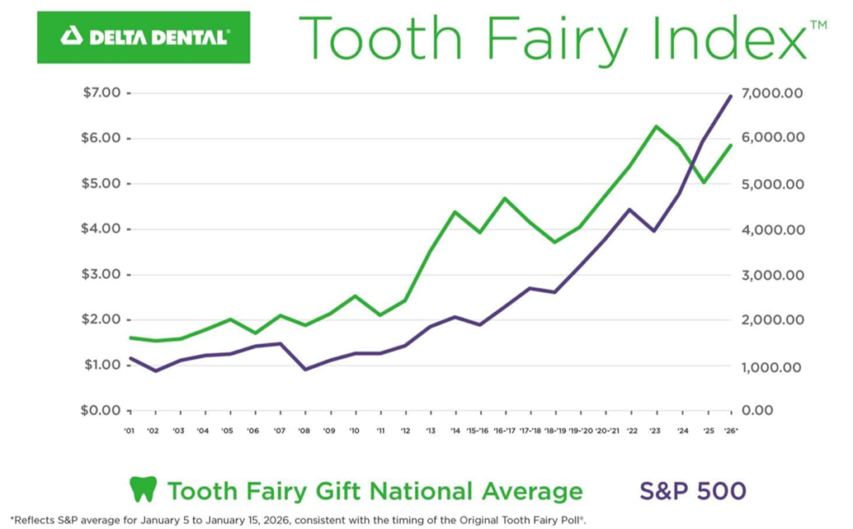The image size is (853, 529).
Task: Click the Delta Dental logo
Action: (x=143, y=37)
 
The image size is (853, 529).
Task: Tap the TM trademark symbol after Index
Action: (x=818, y=26)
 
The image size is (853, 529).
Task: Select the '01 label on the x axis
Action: (x=129, y=432)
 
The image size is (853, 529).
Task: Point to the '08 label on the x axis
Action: (x=305, y=432)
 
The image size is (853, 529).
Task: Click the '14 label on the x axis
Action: (x=456, y=432)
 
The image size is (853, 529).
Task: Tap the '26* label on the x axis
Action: (x=732, y=432)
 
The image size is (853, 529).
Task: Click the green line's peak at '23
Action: (x=656, y=127)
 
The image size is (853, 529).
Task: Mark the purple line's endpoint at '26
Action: (x=731, y=96)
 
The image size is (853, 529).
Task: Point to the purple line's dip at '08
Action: (x=306, y=369)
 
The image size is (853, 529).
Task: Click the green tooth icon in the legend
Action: (x=143, y=489)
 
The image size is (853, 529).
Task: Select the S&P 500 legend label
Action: (x=692, y=490)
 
